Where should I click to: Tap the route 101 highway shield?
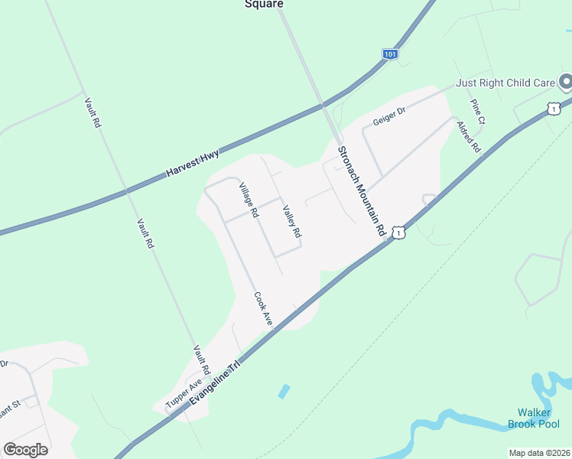[390, 54]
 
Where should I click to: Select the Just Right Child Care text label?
[505, 83]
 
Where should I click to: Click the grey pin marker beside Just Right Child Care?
[565, 81]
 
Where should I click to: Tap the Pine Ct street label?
[478, 112]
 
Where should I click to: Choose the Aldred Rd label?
[468, 136]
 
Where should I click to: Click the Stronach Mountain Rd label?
[360, 191]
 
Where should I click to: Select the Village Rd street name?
[246, 200]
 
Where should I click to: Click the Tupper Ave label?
[184, 393]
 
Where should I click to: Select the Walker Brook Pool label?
[534, 418]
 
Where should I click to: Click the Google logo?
[25, 449]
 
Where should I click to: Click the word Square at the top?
[264, 4]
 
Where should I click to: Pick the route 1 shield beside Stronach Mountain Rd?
[398, 231]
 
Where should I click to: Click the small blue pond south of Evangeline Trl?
[284, 392]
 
